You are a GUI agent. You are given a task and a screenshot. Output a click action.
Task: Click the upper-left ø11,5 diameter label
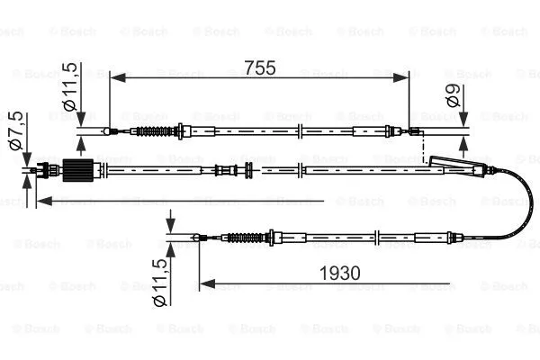click(x=68, y=87)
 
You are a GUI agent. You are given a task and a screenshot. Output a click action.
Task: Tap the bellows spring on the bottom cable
click(x=244, y=238)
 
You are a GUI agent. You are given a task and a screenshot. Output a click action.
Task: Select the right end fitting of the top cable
click(x=414, y=132)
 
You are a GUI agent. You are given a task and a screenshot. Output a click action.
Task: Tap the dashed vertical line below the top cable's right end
click(x=422, y=148)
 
